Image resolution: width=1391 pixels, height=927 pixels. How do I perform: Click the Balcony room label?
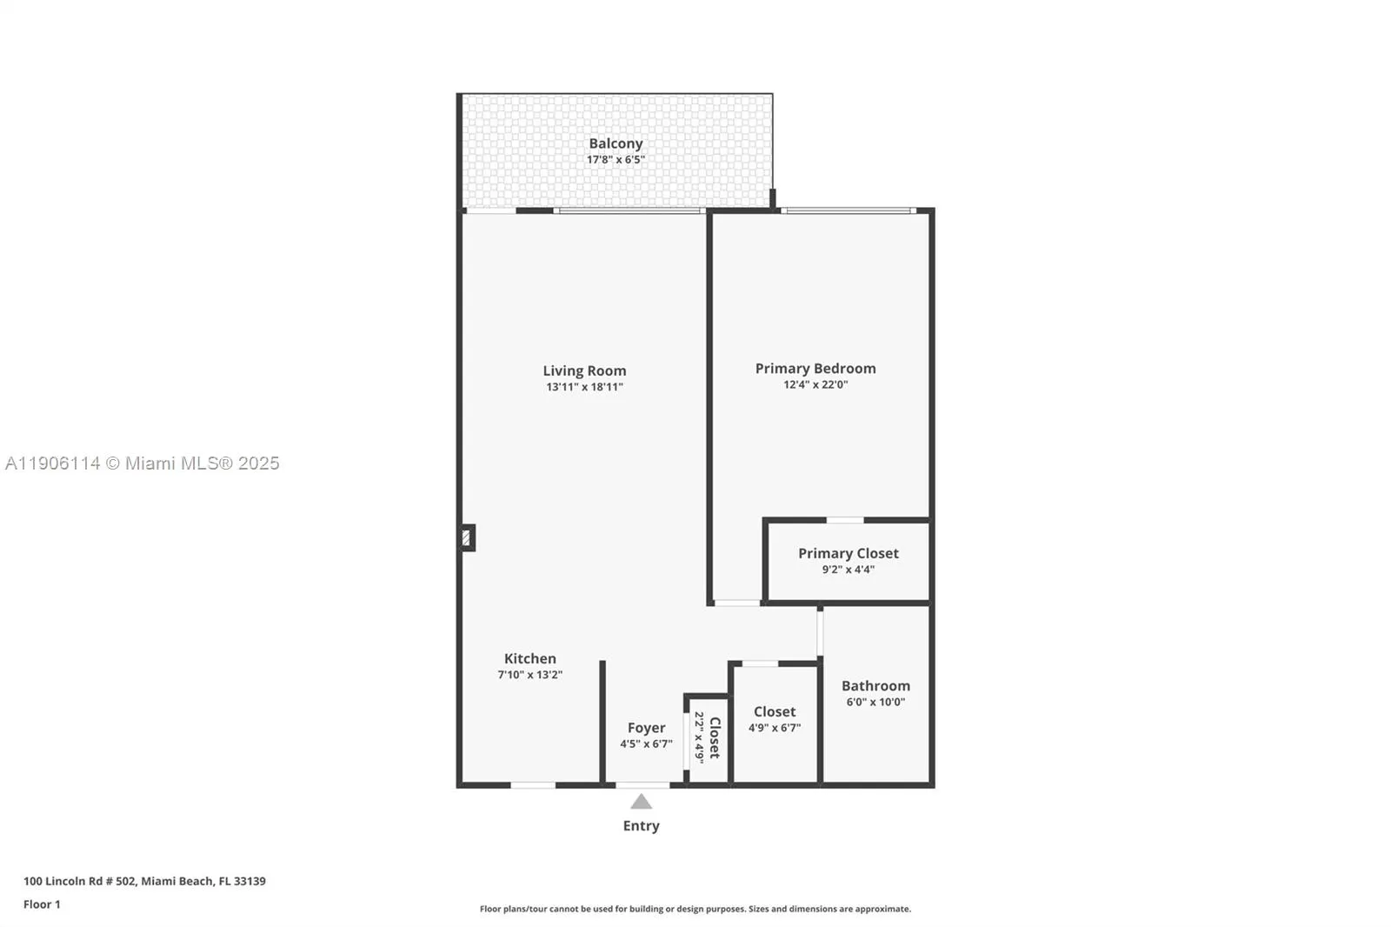pyautogui.click(x=616, y=143)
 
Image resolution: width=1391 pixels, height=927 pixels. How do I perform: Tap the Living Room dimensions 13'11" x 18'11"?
pyautogui.click(x=584, y=387)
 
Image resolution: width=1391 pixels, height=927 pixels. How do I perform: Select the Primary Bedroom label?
pyautogui.click(x=815, y=369)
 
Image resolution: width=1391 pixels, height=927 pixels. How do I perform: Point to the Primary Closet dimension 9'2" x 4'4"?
pyautogui.click(x=848, y=570)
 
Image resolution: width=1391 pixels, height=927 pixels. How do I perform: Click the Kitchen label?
pyautogui.click(x=529, y=659)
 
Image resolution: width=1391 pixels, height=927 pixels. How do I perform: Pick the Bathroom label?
pyautogui.click(x=875, y=686)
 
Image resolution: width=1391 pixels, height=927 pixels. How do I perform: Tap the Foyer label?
pyautogui.click(x=646, y=728)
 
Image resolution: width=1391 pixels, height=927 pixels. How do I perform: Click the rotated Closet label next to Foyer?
pyautogui.click(x=715, y=737)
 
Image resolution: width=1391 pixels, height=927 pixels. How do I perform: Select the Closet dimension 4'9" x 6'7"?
pyautogui.click(x=774, y=728)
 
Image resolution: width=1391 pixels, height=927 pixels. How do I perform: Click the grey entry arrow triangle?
pyautogui.click(x=641, y=802)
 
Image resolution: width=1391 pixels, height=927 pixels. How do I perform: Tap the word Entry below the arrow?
pyautogui.click(x=641, y=826)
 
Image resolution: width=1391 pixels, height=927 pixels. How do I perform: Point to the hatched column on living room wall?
pyautogui.click(x=467, y=538)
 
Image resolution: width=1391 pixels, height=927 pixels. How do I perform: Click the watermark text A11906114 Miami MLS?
pyautogui.click(x=143, y=463)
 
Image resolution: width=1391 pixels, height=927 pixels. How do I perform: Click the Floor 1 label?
pyautogui.click(x=42, y=904)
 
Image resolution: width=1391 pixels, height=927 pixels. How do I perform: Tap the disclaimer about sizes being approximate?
pyautogui.click(x=695, y=909)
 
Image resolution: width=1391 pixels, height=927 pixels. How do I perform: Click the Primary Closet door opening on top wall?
pyautogui.click(x=844, y=520)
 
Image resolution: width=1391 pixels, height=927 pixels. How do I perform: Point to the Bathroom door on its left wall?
pyautogui.click(x=820, y=632)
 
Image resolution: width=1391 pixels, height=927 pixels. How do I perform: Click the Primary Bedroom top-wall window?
pyautogui.click(x=848, y=210)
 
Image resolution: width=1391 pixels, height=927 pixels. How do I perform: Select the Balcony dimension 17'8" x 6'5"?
pyautogui.click(x=616, y=160)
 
